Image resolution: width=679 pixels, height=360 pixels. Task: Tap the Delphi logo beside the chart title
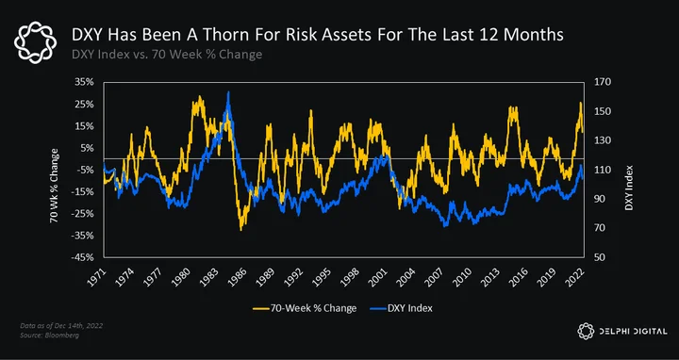pos(35,43)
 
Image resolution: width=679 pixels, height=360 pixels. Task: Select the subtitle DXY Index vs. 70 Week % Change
pos(167,55)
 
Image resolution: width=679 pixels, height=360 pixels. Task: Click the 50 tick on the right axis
pos(595,257)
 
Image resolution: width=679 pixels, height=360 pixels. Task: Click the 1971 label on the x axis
pos(96,276)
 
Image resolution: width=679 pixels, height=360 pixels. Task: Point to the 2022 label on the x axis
pos(577,276)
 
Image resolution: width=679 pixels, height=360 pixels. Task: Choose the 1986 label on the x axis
pos(238,276)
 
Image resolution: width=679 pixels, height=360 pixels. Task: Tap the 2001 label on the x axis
pos(379,276)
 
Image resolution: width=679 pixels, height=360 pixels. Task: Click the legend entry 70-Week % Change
pos(306,308)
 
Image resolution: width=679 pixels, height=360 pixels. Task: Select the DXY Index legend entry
pos(402,308)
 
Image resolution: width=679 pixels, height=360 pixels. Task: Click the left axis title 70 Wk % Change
pos(54,186)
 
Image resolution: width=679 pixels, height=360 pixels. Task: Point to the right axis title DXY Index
pos(629,188)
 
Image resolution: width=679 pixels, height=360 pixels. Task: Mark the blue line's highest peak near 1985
pos(228,92)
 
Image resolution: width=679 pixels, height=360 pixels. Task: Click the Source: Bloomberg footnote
pos(49,335)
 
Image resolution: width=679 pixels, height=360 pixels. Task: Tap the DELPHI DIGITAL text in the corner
pos(633,332)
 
